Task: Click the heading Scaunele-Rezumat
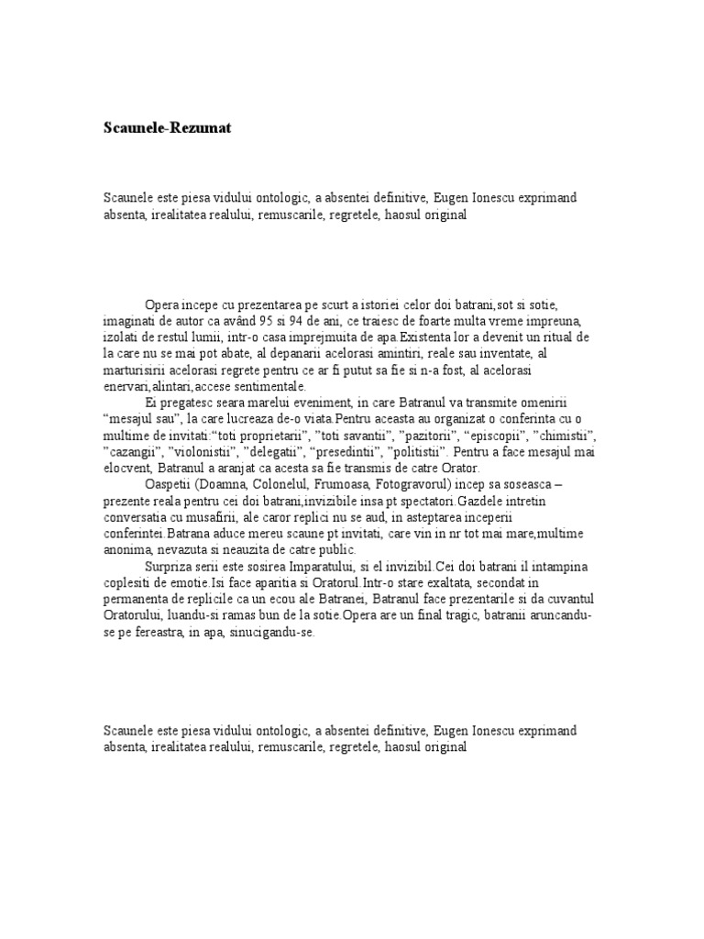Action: (x=168, y=128)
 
